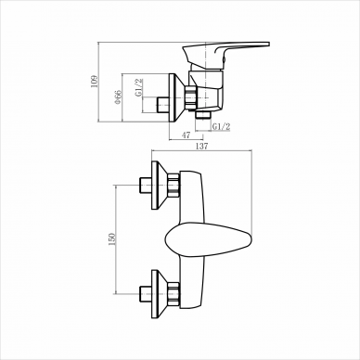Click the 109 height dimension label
coord(95,81)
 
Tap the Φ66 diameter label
coord(118,97)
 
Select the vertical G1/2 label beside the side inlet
coord(139,87)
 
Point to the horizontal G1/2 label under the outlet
coord(221,126)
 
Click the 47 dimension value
coord(186,135)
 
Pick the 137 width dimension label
coord(201,146)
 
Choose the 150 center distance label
coord(111,239)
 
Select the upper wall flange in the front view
coord(160,185)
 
